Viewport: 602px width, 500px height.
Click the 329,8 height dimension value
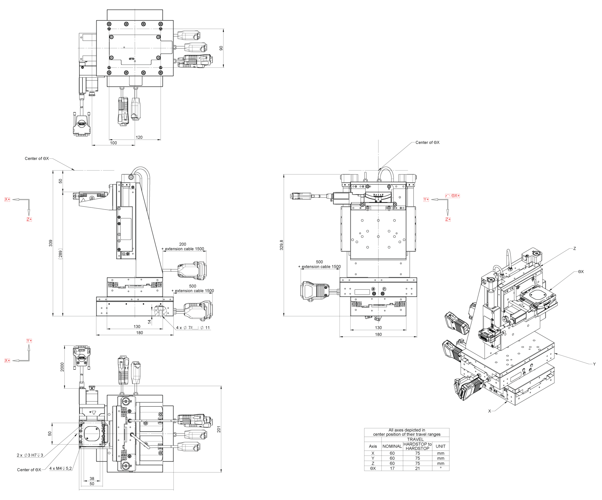281,245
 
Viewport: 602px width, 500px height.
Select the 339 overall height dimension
51,243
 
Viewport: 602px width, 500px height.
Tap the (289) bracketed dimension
61,254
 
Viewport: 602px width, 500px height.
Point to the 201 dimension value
219,429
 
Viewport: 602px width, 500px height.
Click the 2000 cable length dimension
62,367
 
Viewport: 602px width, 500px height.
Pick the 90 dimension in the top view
221,48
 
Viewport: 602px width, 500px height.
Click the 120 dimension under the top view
139,137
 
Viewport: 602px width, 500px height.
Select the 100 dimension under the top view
113,143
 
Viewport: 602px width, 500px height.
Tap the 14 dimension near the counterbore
150,322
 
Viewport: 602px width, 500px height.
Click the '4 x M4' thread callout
61,468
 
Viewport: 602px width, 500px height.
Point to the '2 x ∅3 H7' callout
30,455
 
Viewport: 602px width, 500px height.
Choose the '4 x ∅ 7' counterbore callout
193,328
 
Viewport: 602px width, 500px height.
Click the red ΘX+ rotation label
453,196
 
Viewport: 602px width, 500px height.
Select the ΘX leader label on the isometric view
581,272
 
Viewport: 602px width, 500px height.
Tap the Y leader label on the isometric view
594,364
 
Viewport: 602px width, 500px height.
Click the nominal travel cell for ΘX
392,468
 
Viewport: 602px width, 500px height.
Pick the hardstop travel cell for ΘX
417,468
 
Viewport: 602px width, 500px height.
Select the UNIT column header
440,446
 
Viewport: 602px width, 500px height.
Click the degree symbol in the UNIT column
440,468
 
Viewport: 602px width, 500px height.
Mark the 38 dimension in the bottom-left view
92,479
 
